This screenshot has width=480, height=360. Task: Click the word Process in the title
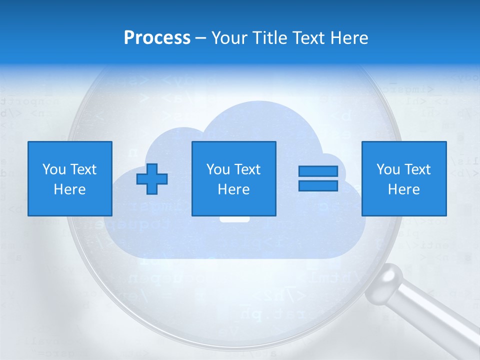pyautogui.click(x=157, y=38)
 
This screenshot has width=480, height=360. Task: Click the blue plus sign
pyautogui.click(x=152, y=179)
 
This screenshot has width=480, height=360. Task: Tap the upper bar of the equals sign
pyautogui.click(x=318, y=171)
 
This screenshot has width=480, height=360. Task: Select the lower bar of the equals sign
pyautogui.click(x=318, y=185)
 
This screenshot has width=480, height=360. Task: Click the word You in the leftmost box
pyautogui.click(x=54, y=169)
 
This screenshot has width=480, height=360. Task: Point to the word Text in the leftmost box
pyautogui.click(x=82, y=169)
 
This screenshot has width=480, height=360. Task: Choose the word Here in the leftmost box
pyautogui.click(x=69, y=189)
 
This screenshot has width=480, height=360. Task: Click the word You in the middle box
pyautogui.click(x=218, y=169)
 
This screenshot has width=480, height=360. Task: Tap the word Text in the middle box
pyautogui.click(x=246, y=169)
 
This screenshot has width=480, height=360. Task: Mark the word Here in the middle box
pyautogui.click(x=233, y=189)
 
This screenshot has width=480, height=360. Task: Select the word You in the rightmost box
pyautogui.click(x=388, y=169)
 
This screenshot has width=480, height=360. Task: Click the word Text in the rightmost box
pyautogui.click(x=416, y=169)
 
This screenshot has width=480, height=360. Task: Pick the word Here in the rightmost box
pyautogui.click(x=403, y=189)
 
